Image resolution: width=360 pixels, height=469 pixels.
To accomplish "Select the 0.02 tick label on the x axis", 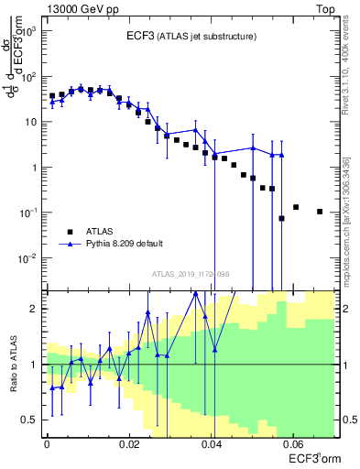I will click(129, 442).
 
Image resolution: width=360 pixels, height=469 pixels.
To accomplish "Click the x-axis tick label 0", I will click(47, 442).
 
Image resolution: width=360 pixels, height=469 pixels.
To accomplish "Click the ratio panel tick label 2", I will click(36, 309).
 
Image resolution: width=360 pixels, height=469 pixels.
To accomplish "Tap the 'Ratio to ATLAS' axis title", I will click(13, 364).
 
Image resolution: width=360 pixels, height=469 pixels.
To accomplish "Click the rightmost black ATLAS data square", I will click(320, 212).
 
